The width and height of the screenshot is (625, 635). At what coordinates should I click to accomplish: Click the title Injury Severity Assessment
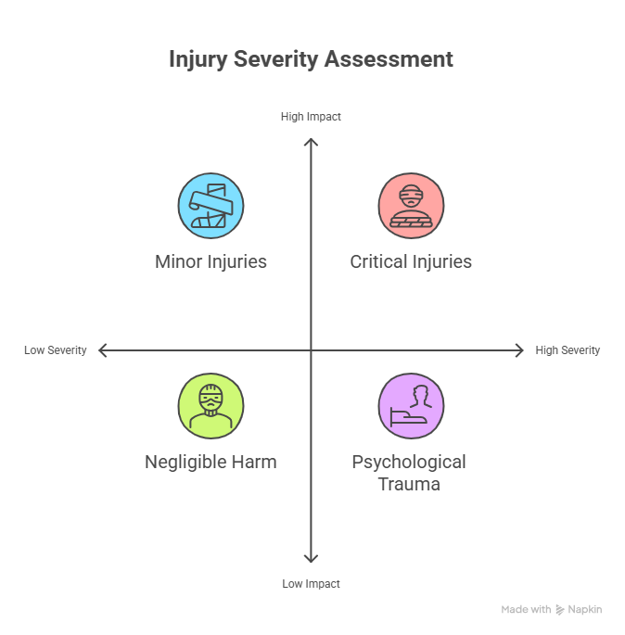pyautogui.click(x=311, y=59)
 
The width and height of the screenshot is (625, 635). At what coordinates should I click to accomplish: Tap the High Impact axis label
pyautogui.click(x=311, y=117)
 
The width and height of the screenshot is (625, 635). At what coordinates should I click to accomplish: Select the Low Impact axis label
pyautogui.click(x=311, y=584)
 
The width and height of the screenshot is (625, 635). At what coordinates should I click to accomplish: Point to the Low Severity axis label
pyautogui.click(x=56, y=350)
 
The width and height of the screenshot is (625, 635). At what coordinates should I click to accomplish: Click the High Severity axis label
pyautogui.click(x=568, y=350)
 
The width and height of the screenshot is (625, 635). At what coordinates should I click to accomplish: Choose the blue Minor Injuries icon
pyautogui.click(x=210, y=206)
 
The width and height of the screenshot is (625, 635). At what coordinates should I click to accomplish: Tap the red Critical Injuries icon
pyautogui.click(x=411, y=206)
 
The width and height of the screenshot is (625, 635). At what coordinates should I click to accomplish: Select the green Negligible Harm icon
pyautogui.click(x=210, y=406)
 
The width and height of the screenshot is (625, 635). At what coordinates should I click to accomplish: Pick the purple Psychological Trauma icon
pyautogui.click(x=411, y=406)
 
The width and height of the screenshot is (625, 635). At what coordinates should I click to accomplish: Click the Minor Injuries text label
pyautogui.click(x=210, y=261)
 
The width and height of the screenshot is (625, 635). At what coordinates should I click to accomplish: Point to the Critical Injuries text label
pyautogui.click(x=411, y=261)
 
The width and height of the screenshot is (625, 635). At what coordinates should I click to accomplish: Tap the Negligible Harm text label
pyautogui.click(x=210, y=462)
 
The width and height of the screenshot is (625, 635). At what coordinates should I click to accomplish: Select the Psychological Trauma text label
pyautogui.click(x=409, y=472)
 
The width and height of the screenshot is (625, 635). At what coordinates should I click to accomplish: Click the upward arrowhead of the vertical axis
pyautogui.click(x=311, y=141)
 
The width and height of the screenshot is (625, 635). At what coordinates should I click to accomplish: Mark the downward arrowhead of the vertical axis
pyautogui.click(x=311, y=559)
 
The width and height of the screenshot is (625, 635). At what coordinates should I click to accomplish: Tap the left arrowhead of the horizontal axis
pyautogui.click(x=101, y=350)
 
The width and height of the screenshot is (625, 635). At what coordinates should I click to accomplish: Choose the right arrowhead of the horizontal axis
pyautogui.click(x=520, y=350)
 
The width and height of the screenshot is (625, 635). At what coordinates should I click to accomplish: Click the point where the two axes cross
pyautogui.click(x=311, y=350)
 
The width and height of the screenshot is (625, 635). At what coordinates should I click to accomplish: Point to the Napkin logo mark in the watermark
pyautogui.click(x=560, y=610)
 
